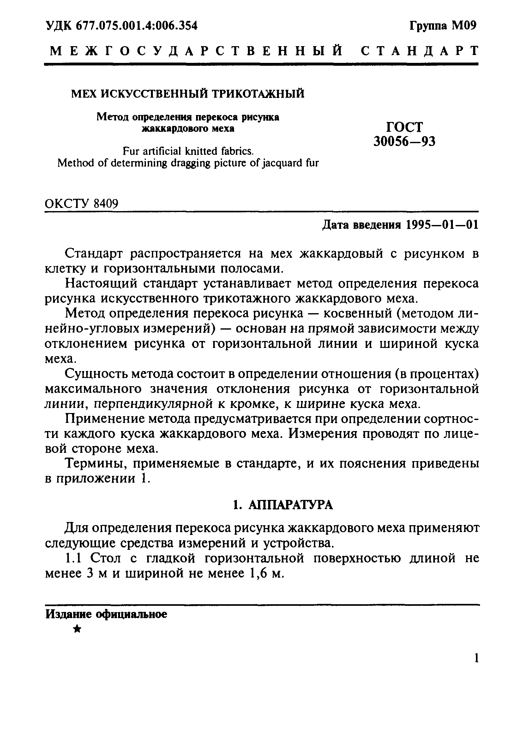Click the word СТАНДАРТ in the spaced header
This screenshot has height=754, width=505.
coord(419,51)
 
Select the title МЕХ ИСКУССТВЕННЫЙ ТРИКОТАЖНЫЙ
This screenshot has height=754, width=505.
coord(188,94)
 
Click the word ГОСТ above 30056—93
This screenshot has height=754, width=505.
coord(404,127)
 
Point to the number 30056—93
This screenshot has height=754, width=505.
coord(404,142)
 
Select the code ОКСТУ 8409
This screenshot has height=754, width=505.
coord(81,204)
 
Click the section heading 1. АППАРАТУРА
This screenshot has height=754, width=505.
coord(282,505)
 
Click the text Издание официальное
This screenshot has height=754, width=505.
coord(106,614)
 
